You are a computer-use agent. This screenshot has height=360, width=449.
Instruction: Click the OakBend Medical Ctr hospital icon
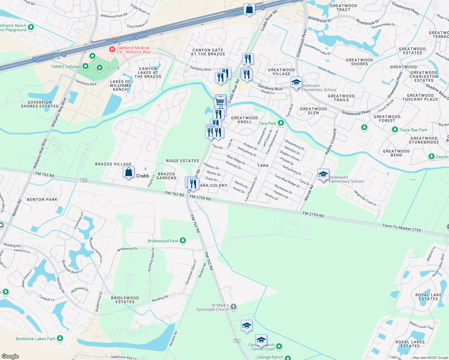(x=112, y=49)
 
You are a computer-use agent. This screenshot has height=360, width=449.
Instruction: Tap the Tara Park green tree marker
(x=281, y=123)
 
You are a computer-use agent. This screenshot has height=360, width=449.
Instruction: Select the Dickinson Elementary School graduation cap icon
(x=296, y=82)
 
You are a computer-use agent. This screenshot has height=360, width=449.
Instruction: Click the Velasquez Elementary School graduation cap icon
(x=323, y=175)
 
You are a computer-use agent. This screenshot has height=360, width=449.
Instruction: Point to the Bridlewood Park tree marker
(x=182, y=241)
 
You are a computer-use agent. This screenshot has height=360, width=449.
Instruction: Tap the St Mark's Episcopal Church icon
(x=234, y=307)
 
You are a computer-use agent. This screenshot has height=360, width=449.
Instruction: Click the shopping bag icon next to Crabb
(x=128, y=172)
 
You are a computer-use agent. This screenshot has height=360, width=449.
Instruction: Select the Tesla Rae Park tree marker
(x=395, y=130)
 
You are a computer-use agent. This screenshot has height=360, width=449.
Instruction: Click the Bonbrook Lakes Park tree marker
(x=60, y=338)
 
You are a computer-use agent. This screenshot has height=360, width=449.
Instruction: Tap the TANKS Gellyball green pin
(x=86, y=66)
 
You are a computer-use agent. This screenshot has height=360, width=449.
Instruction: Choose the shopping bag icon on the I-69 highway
(x=249, y=9)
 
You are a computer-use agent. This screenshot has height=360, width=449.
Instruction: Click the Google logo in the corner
(x=10, y=356)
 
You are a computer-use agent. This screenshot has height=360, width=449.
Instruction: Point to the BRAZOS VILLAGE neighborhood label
(x=113, y=164)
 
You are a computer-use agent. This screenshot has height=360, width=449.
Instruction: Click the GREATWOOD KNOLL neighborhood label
(x=245, y=120)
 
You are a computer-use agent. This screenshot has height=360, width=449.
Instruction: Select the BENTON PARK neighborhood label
(x=42, y=199)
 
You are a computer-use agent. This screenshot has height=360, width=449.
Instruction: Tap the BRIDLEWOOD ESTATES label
(x=125, y=300)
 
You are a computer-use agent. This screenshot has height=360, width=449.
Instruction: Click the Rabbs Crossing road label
(x=330, y=142)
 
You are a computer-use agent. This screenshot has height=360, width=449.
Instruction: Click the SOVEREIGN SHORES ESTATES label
(x=40, y=104)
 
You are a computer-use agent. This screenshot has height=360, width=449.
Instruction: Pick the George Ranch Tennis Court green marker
(x=279, y=346)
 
